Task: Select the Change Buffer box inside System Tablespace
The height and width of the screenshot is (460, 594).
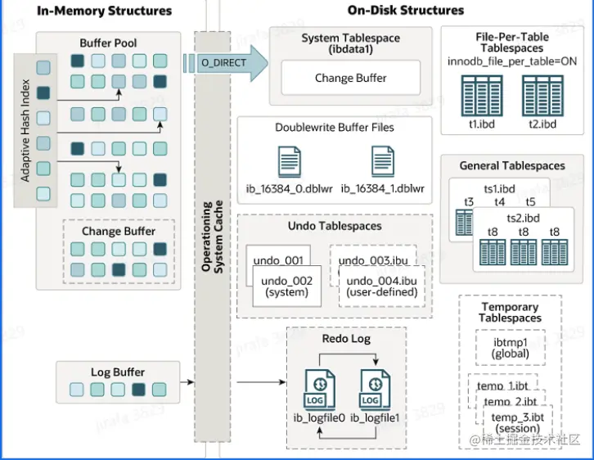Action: point(350,79)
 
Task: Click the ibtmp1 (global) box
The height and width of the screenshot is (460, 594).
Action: point(511,347)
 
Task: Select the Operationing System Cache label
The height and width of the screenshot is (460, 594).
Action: point(213,237)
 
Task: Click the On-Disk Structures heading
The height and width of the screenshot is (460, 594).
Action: point(406,11)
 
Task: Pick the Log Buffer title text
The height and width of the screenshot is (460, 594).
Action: point(118,372)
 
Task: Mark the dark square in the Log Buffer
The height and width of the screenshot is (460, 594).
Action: point(138,390)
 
